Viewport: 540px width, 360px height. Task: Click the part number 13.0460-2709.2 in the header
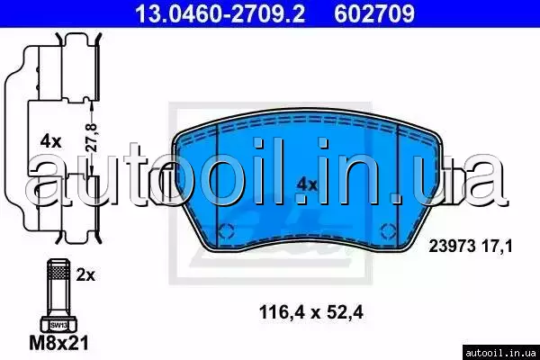220,13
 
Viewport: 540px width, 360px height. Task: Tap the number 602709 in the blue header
374,13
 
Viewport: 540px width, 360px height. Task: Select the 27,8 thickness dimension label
92,138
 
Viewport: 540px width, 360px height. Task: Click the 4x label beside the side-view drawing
50,141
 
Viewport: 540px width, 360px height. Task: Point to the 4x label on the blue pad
307,185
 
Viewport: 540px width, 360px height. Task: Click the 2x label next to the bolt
85,275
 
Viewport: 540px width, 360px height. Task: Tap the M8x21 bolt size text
58,342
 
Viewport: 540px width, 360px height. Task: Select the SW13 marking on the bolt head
58,325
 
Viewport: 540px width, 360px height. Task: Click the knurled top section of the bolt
58,269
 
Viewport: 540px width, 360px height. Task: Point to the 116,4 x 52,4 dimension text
311,313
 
